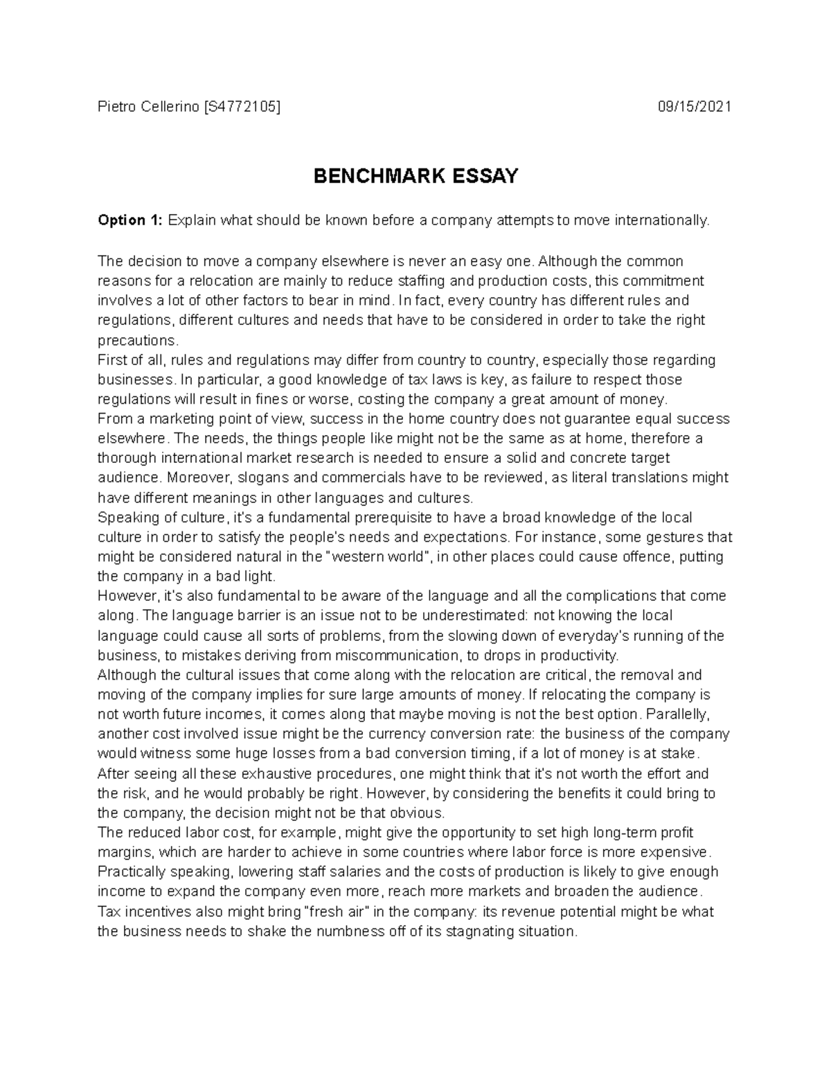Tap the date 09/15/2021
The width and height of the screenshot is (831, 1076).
pyautogui.click(x=695, y=107)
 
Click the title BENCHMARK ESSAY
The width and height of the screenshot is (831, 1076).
pyautogui.click(x=415, y=177)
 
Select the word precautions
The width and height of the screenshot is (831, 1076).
pyautogui.click(x=138, y=340)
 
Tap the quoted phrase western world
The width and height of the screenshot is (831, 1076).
pyautogui.click(x=376, y=557)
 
